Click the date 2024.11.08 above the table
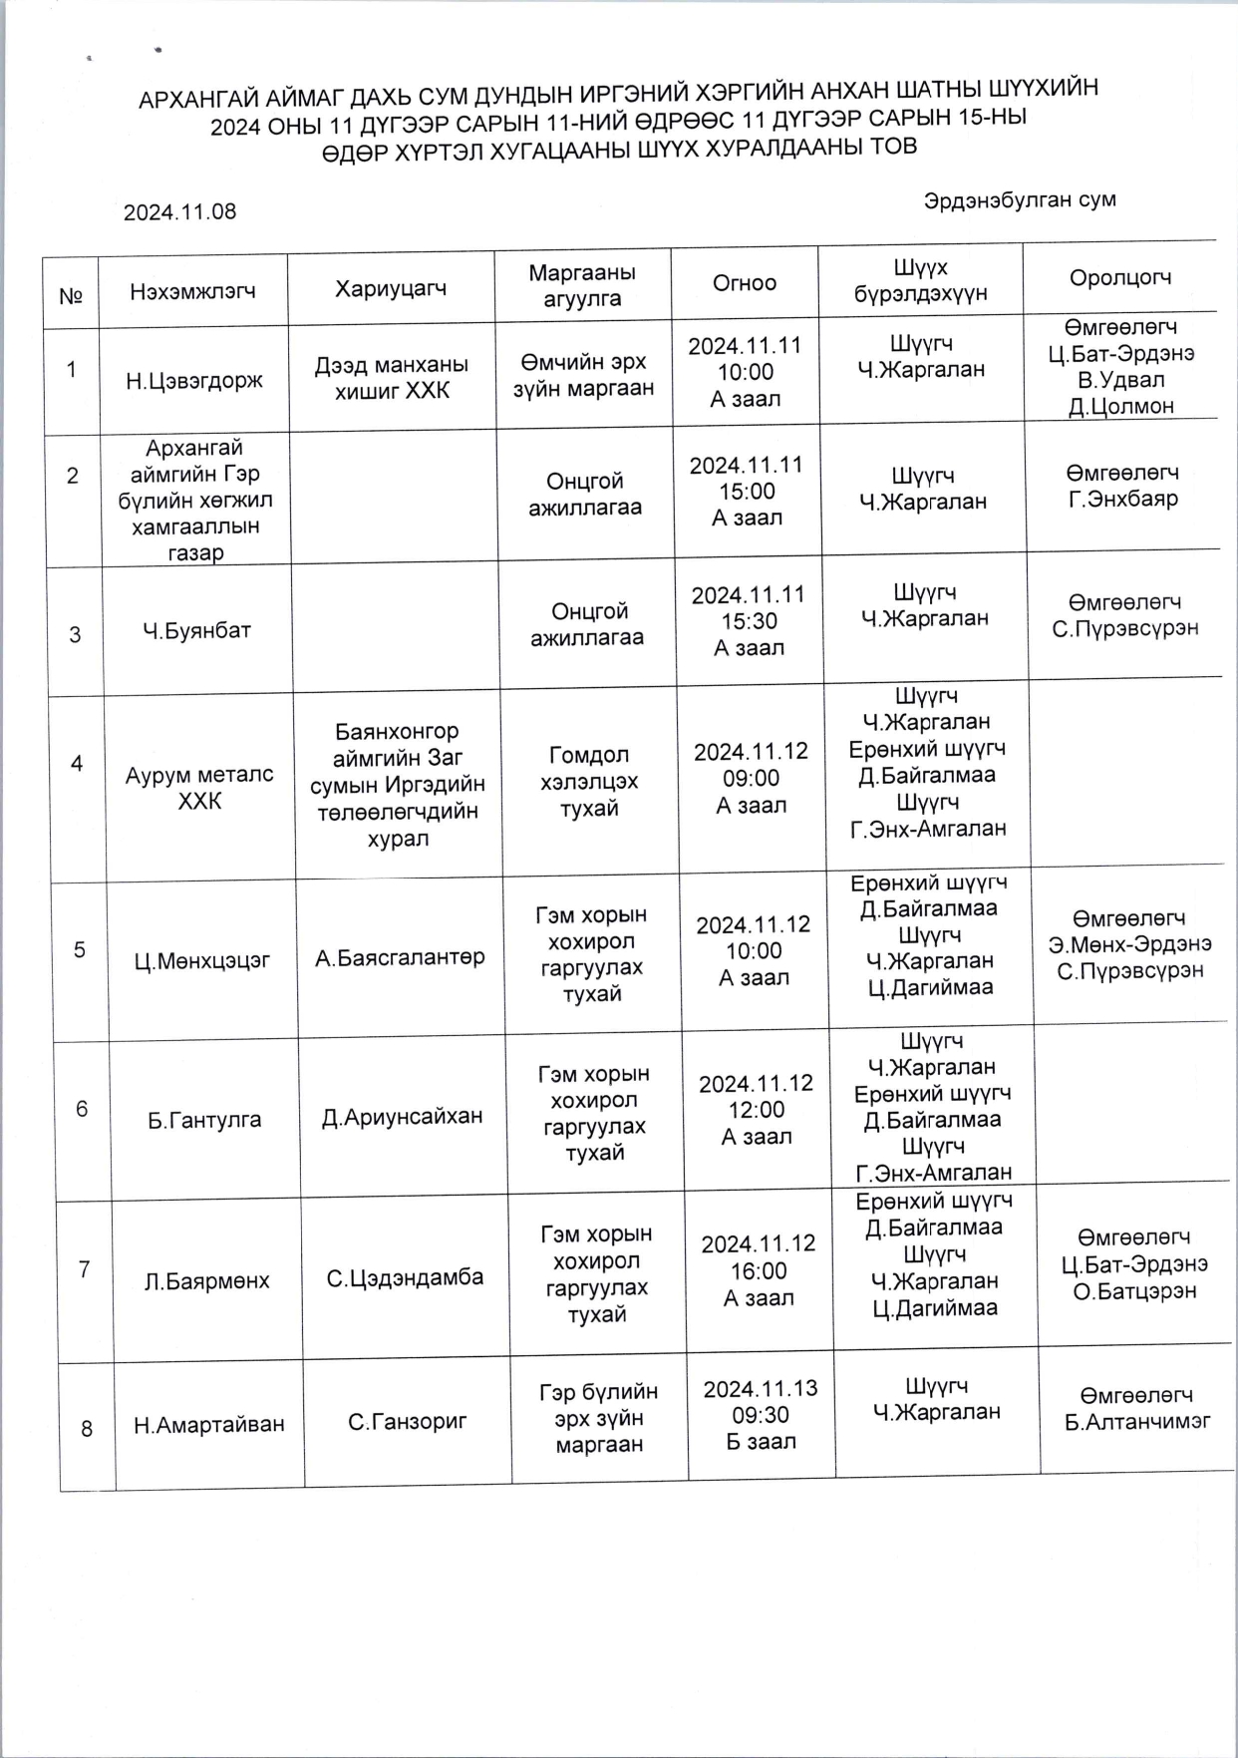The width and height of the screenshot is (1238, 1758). [x=179, y=211]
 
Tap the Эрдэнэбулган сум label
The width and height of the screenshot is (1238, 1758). [x=1019, y=199]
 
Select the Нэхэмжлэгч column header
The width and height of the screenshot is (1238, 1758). [x=192, y=291]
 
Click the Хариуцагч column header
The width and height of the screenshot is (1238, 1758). [x=391, y=289]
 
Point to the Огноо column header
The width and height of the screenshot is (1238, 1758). [x=744, y=283]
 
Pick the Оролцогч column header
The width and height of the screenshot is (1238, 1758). [x=1119, y=278]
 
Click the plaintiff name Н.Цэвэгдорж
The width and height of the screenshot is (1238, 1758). [x=194, y=381]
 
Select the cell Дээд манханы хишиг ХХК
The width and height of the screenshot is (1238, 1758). [x=392, y=378]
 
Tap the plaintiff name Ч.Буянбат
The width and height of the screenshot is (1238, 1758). [x=196, y=630]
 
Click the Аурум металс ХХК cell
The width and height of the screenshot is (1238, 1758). [x=199, y=788]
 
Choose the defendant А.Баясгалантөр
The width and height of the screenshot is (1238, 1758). [x=400, y=958]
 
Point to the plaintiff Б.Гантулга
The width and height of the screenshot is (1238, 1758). [x=204, y=1120]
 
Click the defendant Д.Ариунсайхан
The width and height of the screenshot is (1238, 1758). [x=402, y=1117]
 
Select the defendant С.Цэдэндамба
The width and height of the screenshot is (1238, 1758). [x=405, y=1277]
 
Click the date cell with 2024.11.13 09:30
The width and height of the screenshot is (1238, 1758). [x=761, y=1415]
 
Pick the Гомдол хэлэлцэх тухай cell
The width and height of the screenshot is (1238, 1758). [x=589, y=782]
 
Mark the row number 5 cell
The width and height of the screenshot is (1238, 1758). [x=80, y=949]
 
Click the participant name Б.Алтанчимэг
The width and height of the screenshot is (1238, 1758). [x=1137, y=1422]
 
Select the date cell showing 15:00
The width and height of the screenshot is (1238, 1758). [x=747, y=492]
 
